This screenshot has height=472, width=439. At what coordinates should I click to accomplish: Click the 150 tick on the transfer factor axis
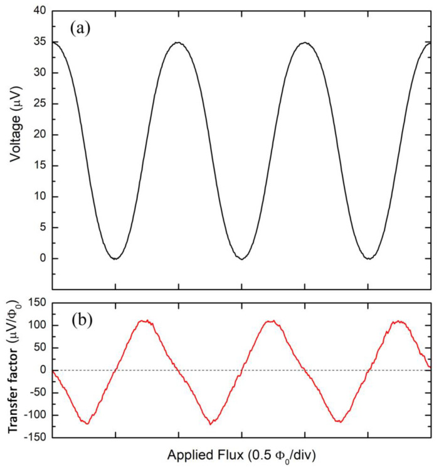pos(36,303)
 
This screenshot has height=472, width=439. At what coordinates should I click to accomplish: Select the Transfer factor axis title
pos(14,370)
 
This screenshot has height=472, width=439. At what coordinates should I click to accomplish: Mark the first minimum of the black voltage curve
pos(115,258)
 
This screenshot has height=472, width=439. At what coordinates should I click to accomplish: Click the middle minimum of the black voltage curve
pos(242,258)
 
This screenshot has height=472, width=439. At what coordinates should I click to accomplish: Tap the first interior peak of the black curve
pos(179,43)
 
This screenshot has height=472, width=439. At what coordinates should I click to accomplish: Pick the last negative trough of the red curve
pos(339,421)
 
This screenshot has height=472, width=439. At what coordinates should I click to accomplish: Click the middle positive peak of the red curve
pos(271,321)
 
